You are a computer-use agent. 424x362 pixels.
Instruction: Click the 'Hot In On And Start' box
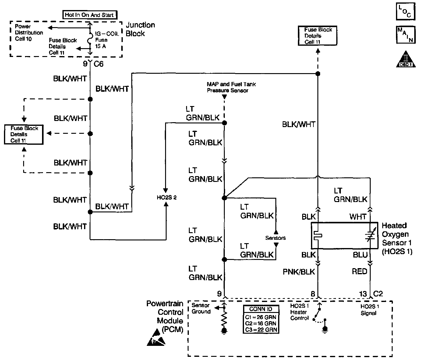(x=89, y=15)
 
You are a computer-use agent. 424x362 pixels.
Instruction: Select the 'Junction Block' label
(x=140, y=29)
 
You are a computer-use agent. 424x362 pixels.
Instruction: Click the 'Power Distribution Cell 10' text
(x=29, y=33)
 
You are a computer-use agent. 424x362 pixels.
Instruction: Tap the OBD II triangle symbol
(x=405, y=59)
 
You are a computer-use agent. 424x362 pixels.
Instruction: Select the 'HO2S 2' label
(x=167, y=197)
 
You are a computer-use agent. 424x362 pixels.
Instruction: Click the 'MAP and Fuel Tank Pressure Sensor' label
(x=231, y=87)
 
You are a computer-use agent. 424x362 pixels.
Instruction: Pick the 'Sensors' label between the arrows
(x=275, y=238)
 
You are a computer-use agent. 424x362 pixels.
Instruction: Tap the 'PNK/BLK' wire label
(x=299, y=271)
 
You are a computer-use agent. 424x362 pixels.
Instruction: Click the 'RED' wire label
(x=359, y=271)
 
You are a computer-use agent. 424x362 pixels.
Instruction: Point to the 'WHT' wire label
(x=358, y=217)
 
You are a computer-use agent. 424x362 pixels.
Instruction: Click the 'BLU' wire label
(x=360, y=255)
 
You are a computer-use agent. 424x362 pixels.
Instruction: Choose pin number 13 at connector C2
(x=363, y=294)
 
